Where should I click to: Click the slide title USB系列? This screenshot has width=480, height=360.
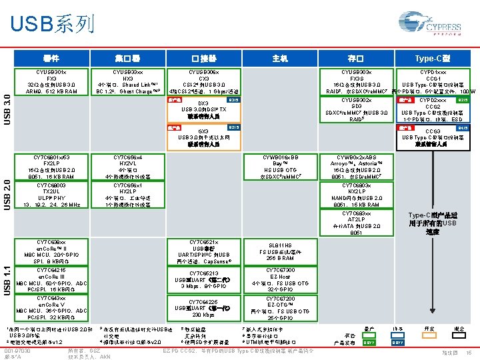coord(52,25)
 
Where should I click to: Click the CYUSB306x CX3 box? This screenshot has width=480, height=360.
coord(203,81)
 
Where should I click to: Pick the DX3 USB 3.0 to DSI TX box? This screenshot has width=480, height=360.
coord(203,109)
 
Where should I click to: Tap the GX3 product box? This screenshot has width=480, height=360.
coord(203,136)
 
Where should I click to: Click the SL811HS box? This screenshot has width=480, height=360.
coord(280,251)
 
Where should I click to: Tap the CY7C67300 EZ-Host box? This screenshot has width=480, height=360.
coord(280,278)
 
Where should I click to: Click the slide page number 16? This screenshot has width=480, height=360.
coord(469,351)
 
